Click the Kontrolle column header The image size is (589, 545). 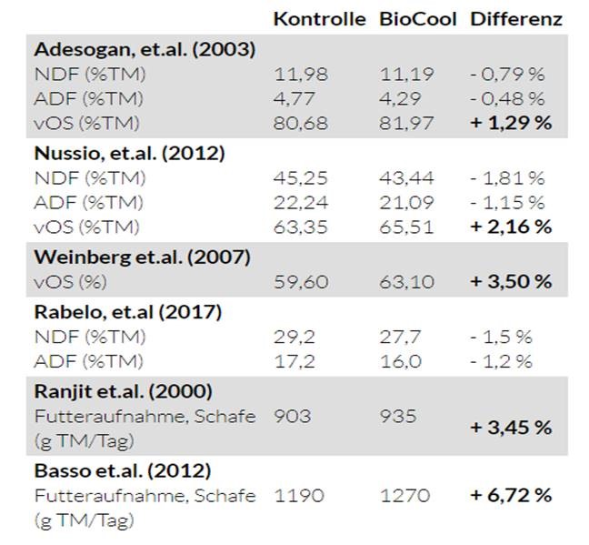click(x=320, y=19)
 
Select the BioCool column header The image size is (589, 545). click(x=417, y=19)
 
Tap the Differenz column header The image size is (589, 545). click(x=515, y=19)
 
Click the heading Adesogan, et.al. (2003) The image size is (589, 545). click(x=144, y=49)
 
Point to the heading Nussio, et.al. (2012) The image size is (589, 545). click(x=129, y=153)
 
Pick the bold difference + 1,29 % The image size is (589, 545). click(x=511, y=122)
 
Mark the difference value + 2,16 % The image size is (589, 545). click(x=511, y=227)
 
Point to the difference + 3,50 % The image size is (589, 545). click(x=511, y=282)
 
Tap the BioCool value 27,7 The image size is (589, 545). click(x=399, y=337)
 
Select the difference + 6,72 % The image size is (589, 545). click(x=511, y=496)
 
